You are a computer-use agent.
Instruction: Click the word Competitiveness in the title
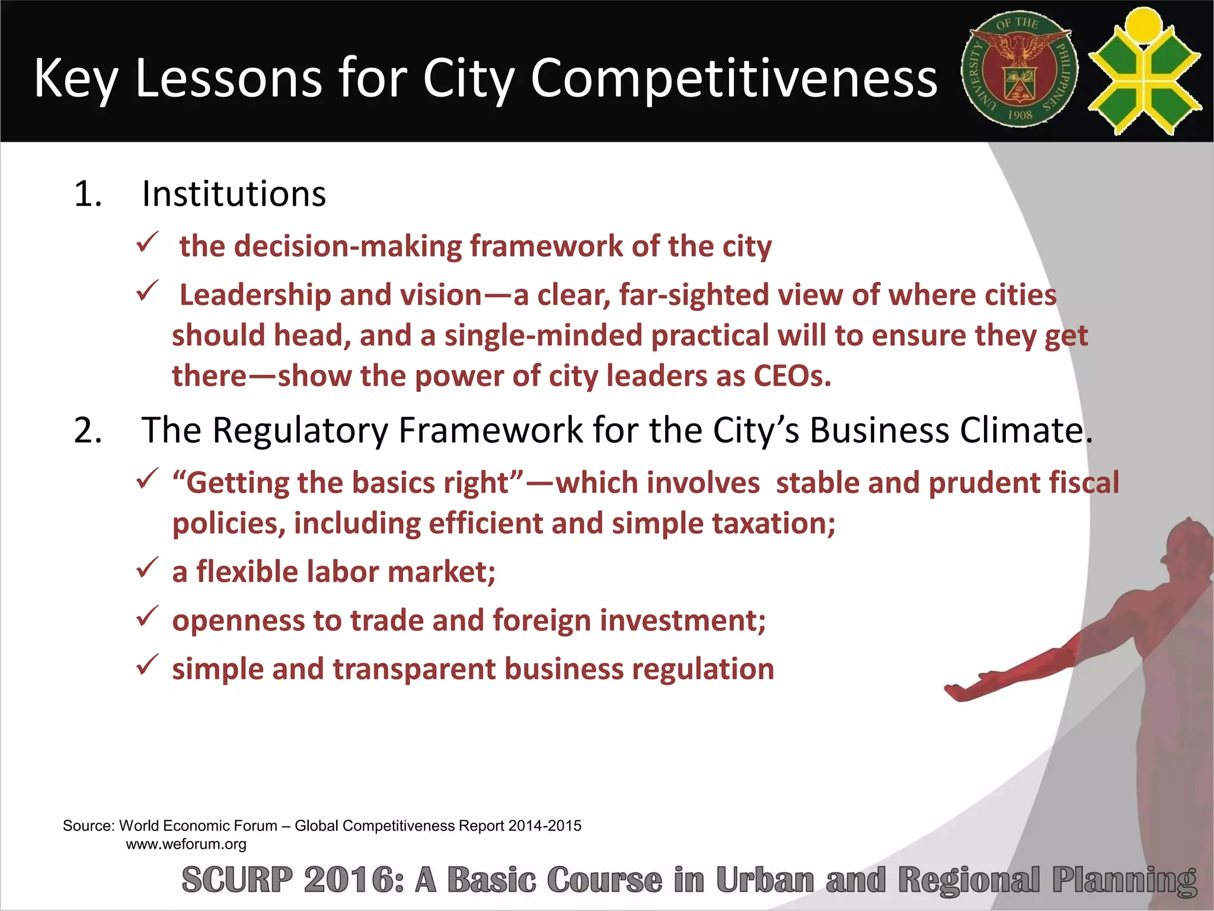(734, 79)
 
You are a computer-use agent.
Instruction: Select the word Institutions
(234, 194)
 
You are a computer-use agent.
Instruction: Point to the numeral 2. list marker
(88, 430)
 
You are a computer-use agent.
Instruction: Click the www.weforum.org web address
(186, 844)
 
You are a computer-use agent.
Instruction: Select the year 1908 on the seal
(1020, 114)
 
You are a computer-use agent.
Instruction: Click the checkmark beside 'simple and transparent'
(146, 665)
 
